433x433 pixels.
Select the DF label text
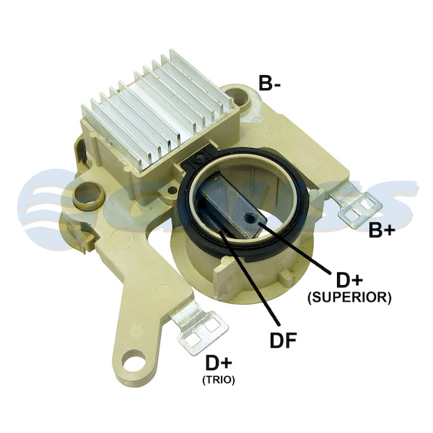(283, 340)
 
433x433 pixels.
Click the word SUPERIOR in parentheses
(349, 297)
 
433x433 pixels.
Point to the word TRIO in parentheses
(219, 380)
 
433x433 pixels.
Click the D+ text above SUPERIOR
(349, 280)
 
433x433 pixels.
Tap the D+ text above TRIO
(219, 363)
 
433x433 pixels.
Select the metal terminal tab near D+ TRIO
(199, 328)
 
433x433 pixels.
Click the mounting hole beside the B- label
(237, 97)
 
